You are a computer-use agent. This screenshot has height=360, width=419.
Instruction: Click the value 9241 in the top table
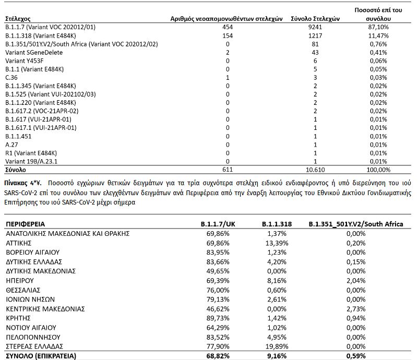(x=315, y=26)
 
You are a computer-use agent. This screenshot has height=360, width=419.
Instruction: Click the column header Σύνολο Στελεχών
(x=315, y=18)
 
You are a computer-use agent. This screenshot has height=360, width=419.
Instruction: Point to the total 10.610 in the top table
(x=315, y=170)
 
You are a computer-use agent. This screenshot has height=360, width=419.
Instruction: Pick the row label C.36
(x=11, y=78)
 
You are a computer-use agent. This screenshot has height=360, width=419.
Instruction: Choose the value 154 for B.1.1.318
(x=227, y=35)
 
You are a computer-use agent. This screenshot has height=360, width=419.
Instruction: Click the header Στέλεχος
(x=17, y=18)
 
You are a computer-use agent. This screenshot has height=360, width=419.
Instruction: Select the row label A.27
(x=11, y=145)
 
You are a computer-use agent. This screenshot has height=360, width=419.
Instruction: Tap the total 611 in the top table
(x=227, y=170)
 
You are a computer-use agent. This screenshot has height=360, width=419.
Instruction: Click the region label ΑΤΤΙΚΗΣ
(x=21, y=243)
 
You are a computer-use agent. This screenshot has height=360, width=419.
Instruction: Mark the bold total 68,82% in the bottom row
(x=223, y=356)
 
